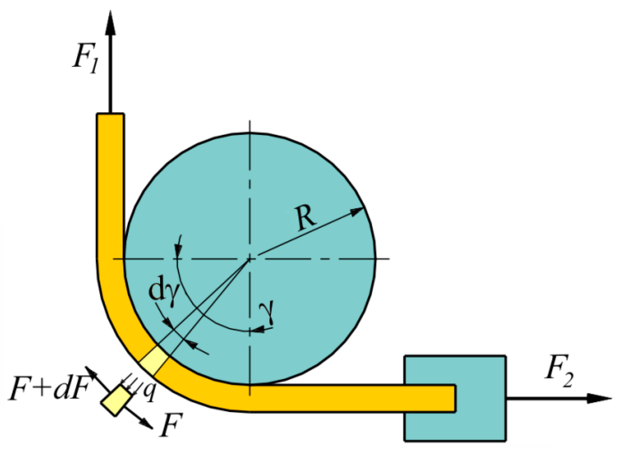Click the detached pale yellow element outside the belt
(116, 400)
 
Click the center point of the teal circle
(250, 259)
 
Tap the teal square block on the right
(455, 398)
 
